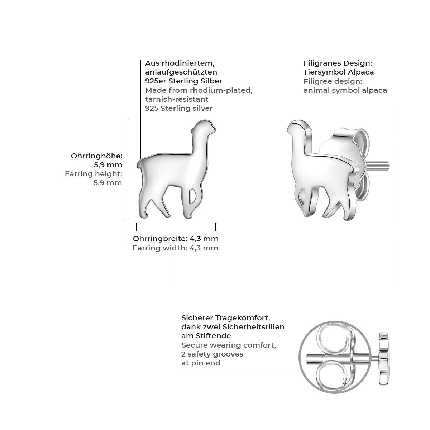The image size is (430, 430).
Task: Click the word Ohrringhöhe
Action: click(97, 156)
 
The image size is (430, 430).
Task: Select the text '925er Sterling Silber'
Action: click(184, 81)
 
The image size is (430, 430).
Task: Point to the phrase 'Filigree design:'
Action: click(333, 81)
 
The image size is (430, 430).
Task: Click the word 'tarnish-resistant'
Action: click(177, 99)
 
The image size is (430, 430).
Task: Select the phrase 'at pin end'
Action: click(201, 363)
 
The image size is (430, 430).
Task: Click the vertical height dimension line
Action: click(128, 169)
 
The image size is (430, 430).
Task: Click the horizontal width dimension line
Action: click(176, 227)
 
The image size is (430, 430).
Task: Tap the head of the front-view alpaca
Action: click(204, 128)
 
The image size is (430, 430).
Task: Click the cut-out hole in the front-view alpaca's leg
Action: click(192, 196)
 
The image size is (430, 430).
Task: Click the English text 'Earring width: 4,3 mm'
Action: click(175, 248)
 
